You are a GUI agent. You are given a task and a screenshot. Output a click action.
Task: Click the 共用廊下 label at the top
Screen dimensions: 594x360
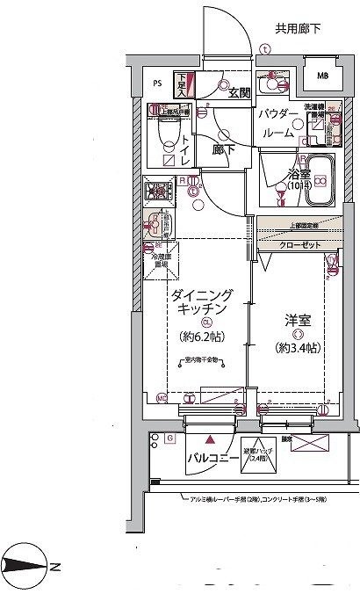click(x=297, y=29)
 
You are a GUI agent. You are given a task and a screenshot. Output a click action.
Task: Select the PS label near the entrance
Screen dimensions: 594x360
click(x=158, y=84)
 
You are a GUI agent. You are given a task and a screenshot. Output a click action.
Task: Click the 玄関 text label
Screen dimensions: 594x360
click(x=239, y=93)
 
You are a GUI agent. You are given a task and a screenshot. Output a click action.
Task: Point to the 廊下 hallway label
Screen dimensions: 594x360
click(x=223, y=149)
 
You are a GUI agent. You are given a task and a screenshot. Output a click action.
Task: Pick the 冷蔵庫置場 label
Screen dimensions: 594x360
click(x=161, y=261)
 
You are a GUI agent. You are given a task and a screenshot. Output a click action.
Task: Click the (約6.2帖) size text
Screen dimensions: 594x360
click(x=201, y=337)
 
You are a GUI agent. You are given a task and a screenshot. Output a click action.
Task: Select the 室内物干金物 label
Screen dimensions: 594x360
click(x=202, y=360)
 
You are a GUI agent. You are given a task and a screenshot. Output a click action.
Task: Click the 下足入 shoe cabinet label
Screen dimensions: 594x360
click(x=187, y=84)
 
